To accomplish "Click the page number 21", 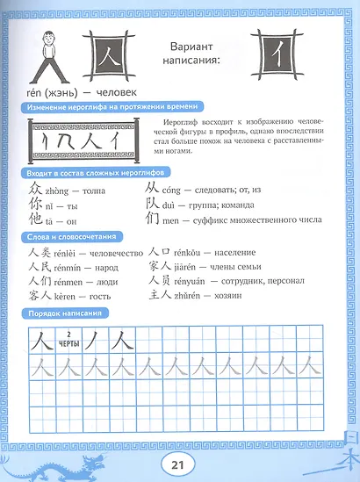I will coord(180,463).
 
